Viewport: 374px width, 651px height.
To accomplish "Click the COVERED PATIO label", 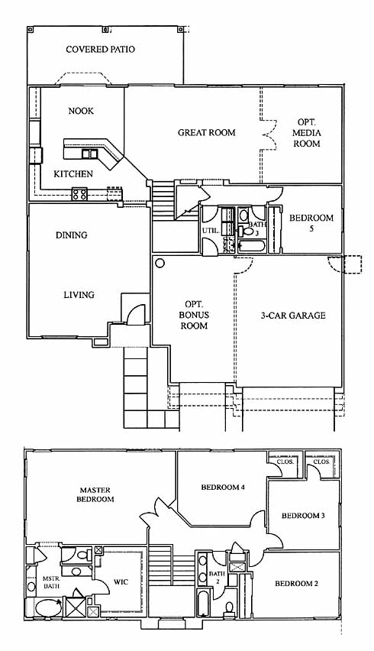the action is pos(100,50).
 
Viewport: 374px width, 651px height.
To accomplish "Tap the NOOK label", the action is pos(81,111).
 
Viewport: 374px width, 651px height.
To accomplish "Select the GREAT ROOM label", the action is pos(207,133).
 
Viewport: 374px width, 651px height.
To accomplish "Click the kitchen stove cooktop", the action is pos(79,194).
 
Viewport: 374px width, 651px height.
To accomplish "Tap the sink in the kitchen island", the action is pos(89,154).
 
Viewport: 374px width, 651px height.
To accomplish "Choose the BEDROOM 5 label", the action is pos(311,222).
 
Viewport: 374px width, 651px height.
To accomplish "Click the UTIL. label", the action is pos(211,229).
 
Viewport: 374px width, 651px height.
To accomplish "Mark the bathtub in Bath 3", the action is pos(252,246).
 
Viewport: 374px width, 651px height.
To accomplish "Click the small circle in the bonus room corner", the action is pos(160,263).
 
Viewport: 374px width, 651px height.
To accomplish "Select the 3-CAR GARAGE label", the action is pos(293,316).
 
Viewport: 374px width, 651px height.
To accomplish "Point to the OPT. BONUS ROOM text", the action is pos(194,315).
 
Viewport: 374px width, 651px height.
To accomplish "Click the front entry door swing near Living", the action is pos(136,314).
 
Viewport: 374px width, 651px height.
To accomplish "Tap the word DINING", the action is pos(72,235).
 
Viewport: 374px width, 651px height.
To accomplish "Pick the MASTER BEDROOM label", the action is pos(95,494).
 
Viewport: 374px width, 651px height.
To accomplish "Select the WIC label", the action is pos(121,582).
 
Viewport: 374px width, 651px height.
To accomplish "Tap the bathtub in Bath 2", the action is pos(204,602).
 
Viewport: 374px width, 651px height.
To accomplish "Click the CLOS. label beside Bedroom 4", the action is pos(285,462).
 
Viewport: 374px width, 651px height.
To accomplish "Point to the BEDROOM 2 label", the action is pos(296,584).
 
